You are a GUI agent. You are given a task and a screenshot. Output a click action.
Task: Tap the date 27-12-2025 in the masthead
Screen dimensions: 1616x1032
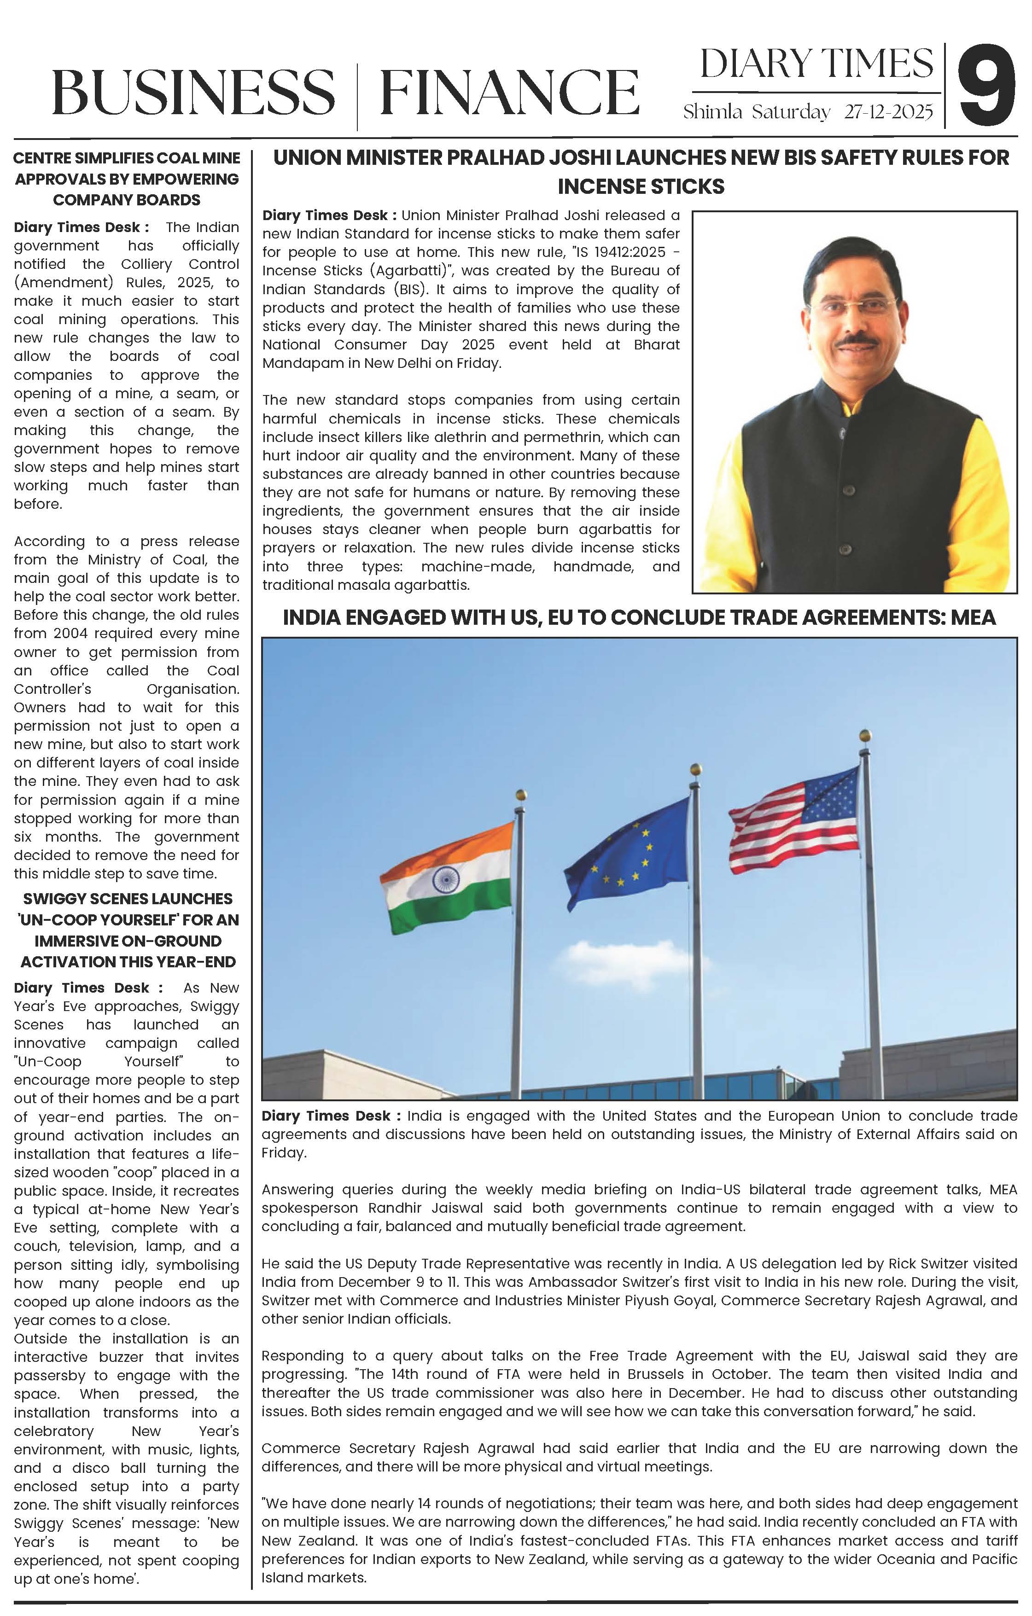(888, 112)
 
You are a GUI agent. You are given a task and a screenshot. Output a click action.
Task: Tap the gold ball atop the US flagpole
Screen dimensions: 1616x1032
(865, 734)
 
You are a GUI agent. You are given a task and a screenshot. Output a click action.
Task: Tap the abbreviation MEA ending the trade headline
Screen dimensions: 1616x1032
(974, 617)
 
